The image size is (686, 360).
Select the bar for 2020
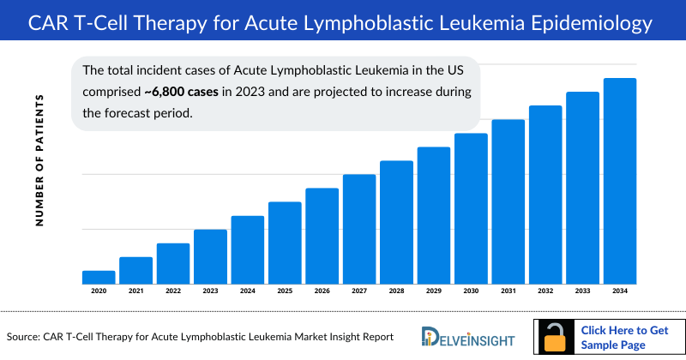[99, 277]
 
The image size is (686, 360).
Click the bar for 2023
[210, 256]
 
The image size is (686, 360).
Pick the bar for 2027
[359, 229]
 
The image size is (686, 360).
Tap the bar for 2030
[471, 208]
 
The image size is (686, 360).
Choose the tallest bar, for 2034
[620, 181]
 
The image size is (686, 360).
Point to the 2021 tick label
[135, 291]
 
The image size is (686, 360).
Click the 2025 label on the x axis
[285, 291]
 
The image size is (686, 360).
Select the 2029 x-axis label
[434, 291]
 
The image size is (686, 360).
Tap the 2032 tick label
[545, 291]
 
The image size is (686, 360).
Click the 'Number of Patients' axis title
[39, 160]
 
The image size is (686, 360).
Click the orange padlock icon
[555, 338]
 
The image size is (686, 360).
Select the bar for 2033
[582, 188]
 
